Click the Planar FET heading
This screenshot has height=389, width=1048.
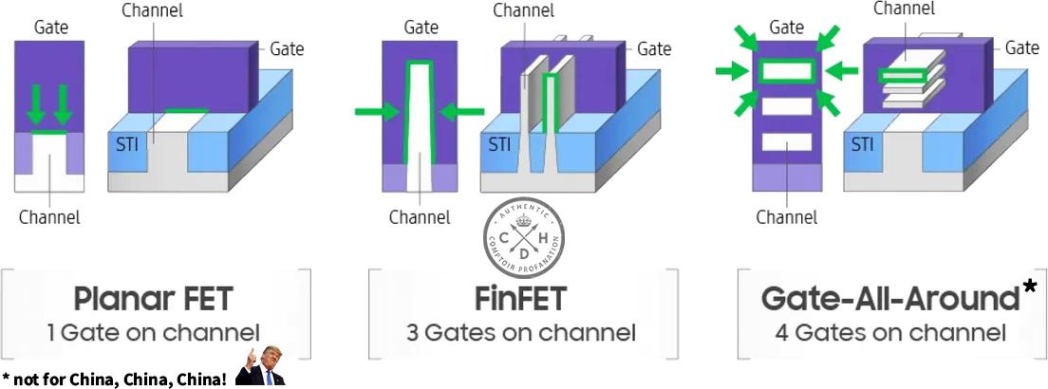pyautogui.click(x=153, y=299)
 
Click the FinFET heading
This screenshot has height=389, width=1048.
pyautogui.click(x=520, y=299)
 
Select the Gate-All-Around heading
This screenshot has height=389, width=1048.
pyautogui.click(x=889, y=299)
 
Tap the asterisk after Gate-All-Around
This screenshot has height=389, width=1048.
pyautogui.click(x=1029, y=290)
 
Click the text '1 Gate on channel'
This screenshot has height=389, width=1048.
pyautogui.click(x=153, y=333)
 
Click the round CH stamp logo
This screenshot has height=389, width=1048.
pyautogui.click(x=523, y=237)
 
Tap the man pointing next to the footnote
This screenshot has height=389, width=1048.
pyautogui.click(x=261, y=366)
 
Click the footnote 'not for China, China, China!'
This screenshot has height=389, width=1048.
pyautogui.click(x=120, y=380)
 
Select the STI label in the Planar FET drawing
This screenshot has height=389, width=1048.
pyautogui.click(x=125, y=145)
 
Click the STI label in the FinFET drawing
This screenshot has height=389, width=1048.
pyautogui.click(x=499, y=145)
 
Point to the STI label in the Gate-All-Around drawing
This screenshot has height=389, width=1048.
pyautogui.click(x=862, y=145)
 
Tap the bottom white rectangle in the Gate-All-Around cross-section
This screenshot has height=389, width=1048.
pyautogui.click(x=787, y=142)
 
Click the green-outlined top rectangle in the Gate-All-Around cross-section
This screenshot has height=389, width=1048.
pyautogui.click(x=787, y=70)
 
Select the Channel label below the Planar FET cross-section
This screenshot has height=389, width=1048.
pyautogui.click(x=49, y=217)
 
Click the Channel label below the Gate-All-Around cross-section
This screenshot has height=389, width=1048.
pyautogui.click(x=786, y=217)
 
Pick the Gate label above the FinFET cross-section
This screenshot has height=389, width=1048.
pyautogui.click(x=421, y=28)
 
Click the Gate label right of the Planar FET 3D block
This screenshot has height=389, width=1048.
pyautogui.click(x=288, y=48)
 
